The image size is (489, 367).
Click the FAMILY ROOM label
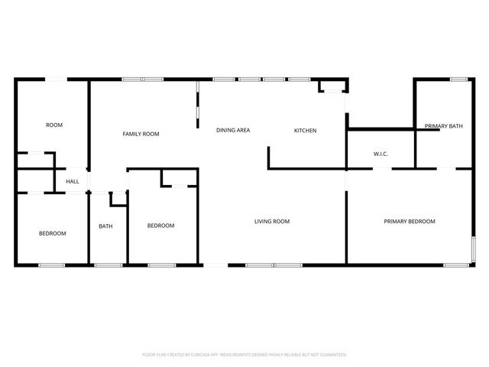tap(141, 134)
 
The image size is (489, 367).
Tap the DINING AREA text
tap(232, 130)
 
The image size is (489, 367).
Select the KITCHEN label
tap(305, 130)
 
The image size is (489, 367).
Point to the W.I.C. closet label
tap(381, 154)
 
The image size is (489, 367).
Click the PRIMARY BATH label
tap(443, 125)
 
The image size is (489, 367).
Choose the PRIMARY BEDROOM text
tap(409, 221)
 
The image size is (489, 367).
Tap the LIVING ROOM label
tap(272, 221)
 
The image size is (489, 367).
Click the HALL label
tap(73, 181)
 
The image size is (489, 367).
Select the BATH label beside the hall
tap(105, 226)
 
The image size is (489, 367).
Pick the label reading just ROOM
tap(54, 125)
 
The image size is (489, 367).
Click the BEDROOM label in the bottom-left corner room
tap(52, 233)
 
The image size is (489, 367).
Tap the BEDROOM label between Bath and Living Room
tap(160, 226)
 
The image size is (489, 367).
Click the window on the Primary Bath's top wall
tap(458, 79)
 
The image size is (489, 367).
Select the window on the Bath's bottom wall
tap(108, 265)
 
